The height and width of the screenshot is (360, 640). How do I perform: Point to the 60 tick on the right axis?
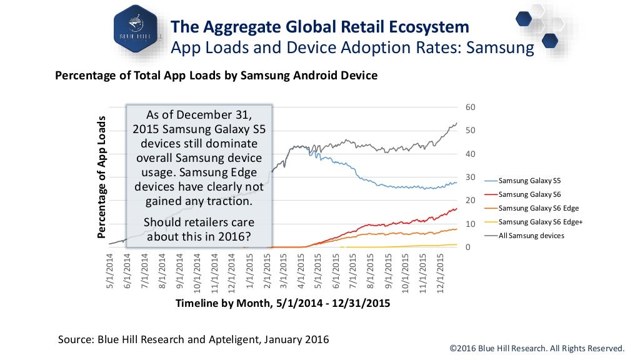(471, 107)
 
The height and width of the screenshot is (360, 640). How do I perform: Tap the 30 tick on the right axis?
(471, 177)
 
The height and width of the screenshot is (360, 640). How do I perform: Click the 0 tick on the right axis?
(468, 247)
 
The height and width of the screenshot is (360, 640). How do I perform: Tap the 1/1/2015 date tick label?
(250, 269)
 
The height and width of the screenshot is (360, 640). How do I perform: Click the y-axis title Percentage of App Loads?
(101, 177)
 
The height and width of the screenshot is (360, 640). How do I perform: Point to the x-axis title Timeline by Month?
(282, 303)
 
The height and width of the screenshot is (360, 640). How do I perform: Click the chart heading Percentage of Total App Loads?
(216, 76)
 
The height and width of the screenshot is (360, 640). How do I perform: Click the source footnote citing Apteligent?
(193, 339)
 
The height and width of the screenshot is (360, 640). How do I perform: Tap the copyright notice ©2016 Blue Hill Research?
(537, 348)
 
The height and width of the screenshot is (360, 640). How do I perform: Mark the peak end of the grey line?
(457, 123)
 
